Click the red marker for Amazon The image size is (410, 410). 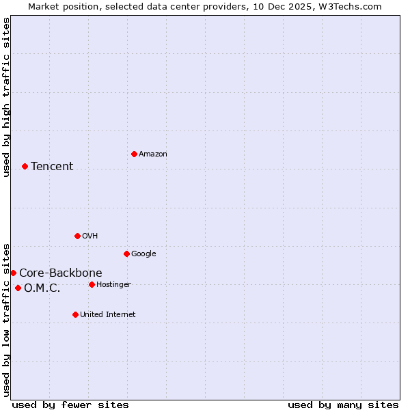(134, 154)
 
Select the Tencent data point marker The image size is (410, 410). (25, 166)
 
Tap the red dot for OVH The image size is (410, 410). (77, 236)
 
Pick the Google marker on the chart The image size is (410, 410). (126, 254)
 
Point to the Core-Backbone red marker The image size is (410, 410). (13, 273)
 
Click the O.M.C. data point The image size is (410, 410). (18, 288)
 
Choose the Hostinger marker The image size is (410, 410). (92, 284)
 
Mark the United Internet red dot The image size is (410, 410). (75, 314)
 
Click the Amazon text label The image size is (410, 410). (153, 154)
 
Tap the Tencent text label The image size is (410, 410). (52, 167)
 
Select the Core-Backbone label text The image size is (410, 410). (61, 273)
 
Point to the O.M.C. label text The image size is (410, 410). (42, 288)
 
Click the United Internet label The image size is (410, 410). (108, 315)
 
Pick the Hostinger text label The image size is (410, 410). (113, 285)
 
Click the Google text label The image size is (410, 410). (143, 254)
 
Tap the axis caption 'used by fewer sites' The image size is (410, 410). (70, 405)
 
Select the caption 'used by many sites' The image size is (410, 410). (343, 405)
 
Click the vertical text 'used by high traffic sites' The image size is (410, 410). (6, 97)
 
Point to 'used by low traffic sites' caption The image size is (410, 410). (6, 319)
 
